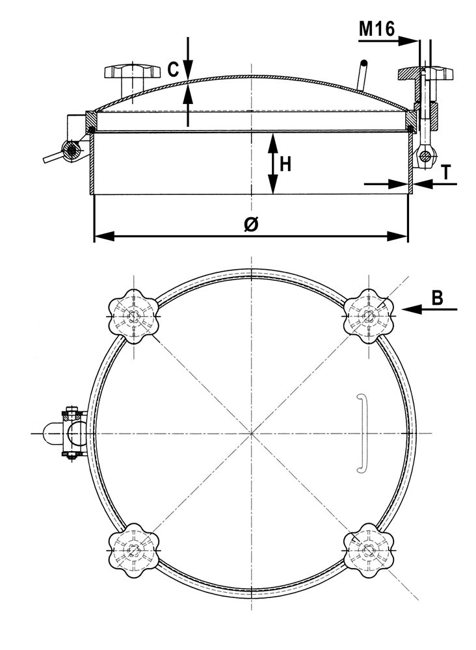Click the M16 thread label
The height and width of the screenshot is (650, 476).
pos(377,29)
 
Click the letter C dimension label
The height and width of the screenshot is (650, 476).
pos(173,70)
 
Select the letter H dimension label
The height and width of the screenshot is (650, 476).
pos(285,164)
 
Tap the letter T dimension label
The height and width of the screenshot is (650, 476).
pos(445,172)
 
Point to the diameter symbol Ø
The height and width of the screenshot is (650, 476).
pos(251,224)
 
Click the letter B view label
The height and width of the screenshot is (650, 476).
pos(437,298)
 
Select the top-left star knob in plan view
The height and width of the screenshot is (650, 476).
pos(133,317)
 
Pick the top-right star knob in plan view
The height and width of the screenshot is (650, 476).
pos(368,317)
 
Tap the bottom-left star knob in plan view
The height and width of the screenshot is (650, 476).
pos(133,550)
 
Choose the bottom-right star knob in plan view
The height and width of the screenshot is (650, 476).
pos(368,550)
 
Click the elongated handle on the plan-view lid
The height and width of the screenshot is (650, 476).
pos(362,433)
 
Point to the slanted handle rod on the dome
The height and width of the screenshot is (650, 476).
pos(362,75)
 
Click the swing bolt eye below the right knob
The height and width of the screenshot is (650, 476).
pos(425,156)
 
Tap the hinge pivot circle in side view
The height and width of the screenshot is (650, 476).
pos(72,149)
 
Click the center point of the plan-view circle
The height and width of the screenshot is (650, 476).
pos(251,433)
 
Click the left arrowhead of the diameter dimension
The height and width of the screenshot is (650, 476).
pos(104,237)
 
